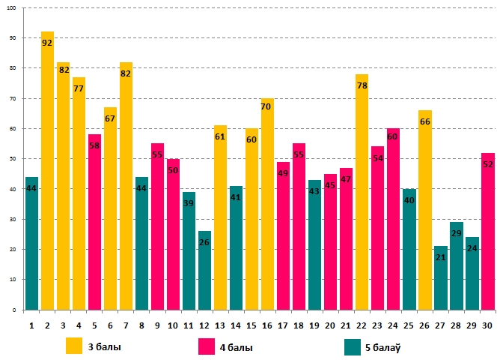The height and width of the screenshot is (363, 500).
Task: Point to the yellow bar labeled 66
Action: (424, 210)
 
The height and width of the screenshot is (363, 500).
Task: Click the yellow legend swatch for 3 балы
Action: (74, 346)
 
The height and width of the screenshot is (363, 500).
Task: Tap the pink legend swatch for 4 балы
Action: (207, 346)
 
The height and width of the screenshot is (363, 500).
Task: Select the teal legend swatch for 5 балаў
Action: (353, 346)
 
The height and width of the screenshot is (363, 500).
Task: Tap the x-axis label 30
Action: (487, 325)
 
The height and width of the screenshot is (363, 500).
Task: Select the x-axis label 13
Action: (220, 325)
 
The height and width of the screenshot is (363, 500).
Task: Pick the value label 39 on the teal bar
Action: (189, 203)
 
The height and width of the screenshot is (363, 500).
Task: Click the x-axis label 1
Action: (31, 325)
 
